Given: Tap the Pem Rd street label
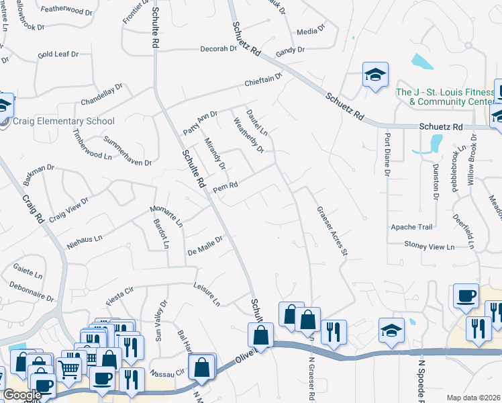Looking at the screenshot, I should point(225,188).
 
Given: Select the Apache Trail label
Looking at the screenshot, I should point(412,227).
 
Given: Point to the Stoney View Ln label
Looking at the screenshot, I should point(430,247).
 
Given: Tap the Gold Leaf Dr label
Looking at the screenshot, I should point(58,54).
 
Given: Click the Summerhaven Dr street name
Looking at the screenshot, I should point(128,150).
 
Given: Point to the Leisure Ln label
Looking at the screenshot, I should point(207,293).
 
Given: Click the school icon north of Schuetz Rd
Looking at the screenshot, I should point(375,75).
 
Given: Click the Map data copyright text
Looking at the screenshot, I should point(474,397).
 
